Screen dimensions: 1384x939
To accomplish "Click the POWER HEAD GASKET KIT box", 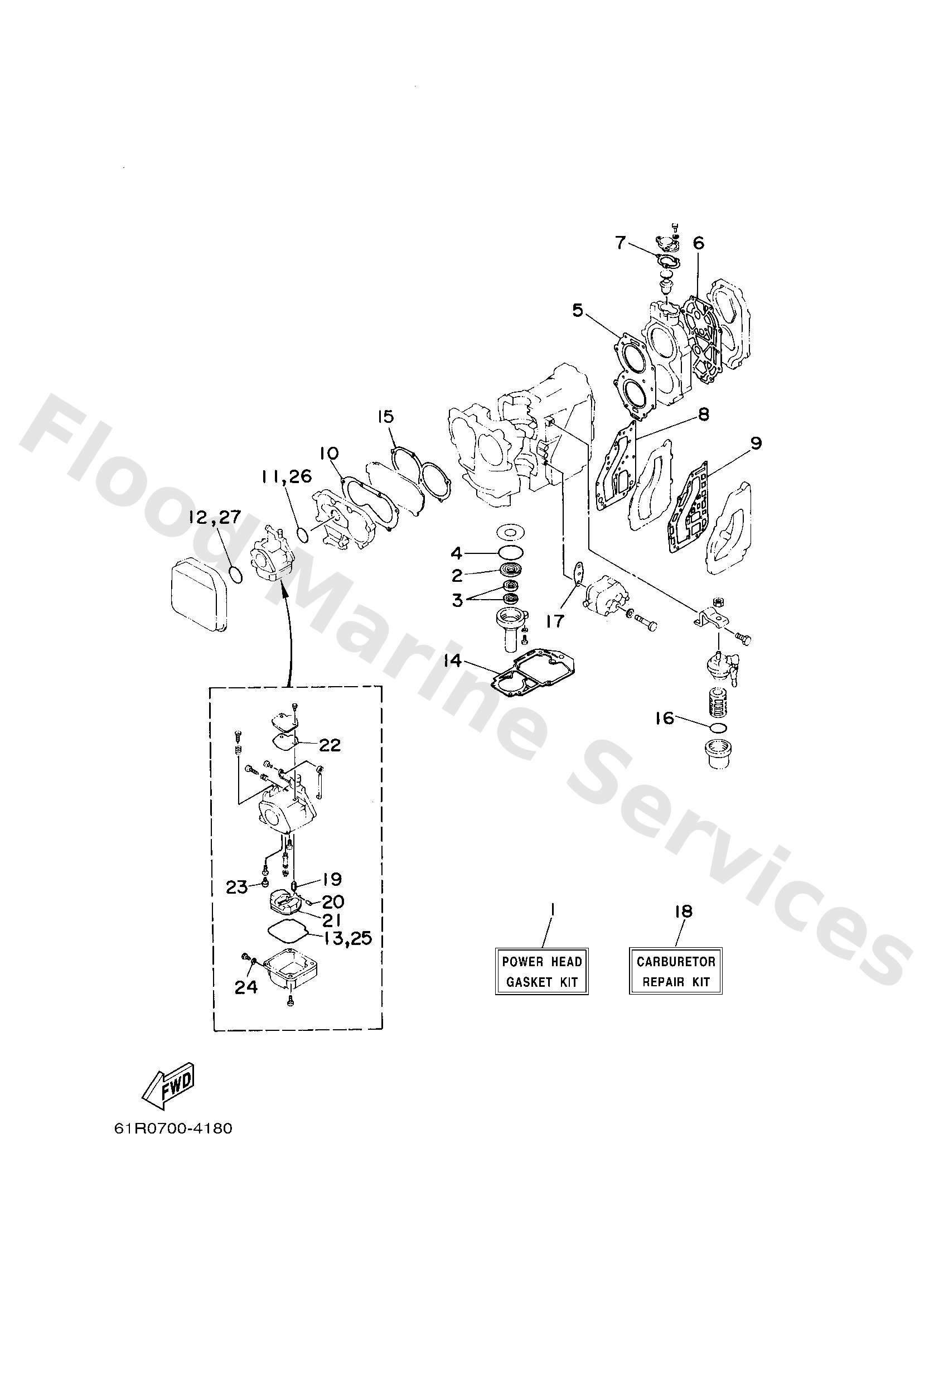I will point(541,971).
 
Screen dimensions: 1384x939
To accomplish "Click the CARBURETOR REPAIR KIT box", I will point(675,971).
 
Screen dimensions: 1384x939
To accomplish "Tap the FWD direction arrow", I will point(169,1084).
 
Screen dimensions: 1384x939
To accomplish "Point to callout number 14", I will point(453,660).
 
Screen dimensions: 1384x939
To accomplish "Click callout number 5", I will point(578,310).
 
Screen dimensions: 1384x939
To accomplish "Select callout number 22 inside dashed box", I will point(330,745).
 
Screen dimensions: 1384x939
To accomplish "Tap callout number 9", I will point(756,443).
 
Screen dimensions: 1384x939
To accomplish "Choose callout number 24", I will point(246,987).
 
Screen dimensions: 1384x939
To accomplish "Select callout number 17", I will point(554,621).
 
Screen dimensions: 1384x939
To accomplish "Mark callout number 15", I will point(385,416).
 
